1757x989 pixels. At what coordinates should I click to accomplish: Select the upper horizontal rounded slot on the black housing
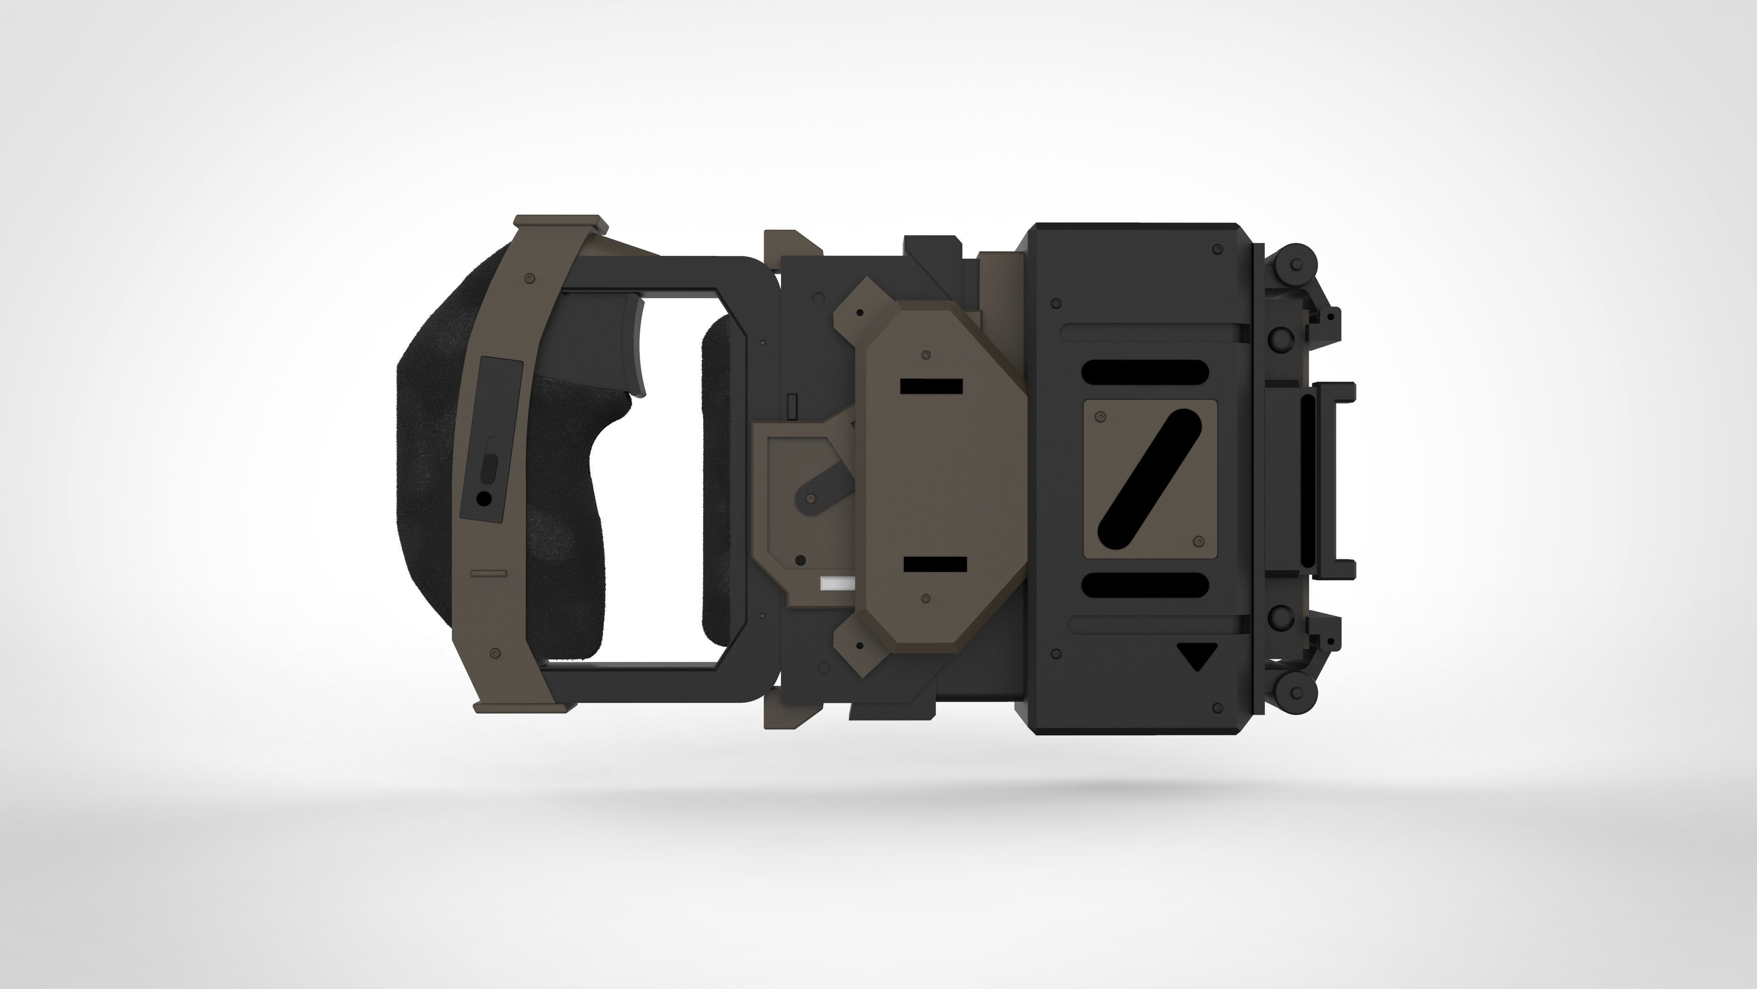(x=1144, y=371)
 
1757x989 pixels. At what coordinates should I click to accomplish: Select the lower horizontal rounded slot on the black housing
(x=1144, y=584)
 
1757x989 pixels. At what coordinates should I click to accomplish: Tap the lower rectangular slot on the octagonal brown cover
(x=935, y=565)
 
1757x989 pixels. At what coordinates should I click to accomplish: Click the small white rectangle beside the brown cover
(x=838, y=584)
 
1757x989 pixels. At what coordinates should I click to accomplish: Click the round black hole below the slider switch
(x=484, y=500)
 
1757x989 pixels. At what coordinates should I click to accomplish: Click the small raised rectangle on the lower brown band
(x=489, y=573)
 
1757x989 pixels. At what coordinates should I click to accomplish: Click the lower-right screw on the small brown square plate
(x=1198, y=541)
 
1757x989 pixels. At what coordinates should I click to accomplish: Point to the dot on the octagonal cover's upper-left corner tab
(x=860, y=313)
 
